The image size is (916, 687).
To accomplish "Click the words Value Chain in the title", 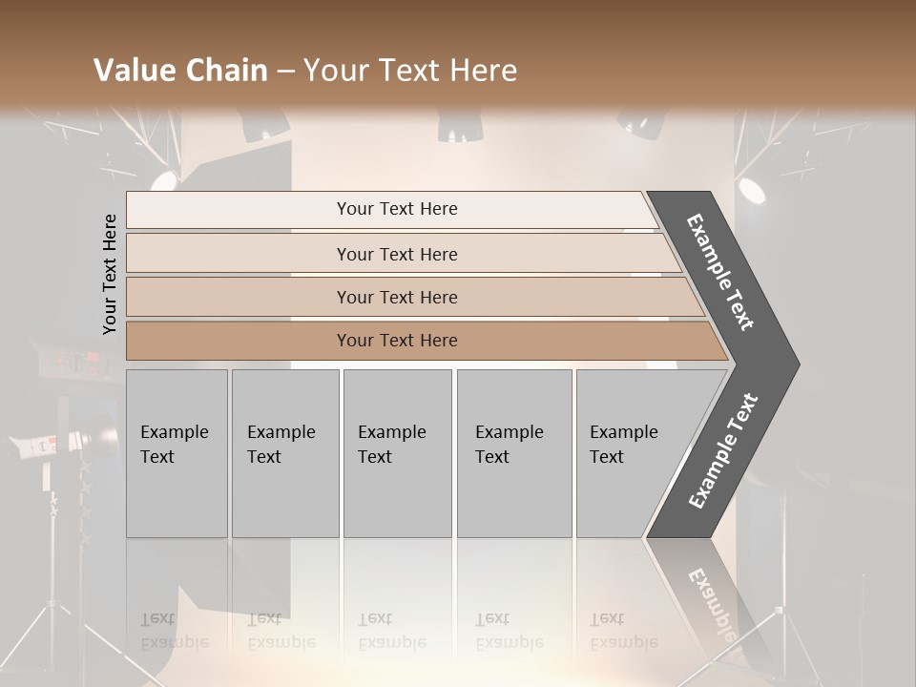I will click(180, 71).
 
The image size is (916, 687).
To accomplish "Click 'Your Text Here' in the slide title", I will click(410, 71).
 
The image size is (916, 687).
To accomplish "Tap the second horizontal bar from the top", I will click(397, 254).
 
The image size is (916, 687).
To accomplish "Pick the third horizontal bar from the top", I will click(397, 297).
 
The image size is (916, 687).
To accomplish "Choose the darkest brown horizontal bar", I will click(397, 341).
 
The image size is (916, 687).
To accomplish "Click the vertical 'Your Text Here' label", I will click(110, 275).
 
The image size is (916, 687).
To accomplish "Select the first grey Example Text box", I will click(177, 453).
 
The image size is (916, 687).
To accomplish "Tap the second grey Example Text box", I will click(284, 453).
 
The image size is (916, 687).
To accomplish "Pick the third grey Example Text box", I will click(397, 453).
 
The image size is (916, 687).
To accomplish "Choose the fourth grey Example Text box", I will click(513, 453).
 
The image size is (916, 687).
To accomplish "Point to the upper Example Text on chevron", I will click(720, 272).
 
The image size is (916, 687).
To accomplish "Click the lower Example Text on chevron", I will click(722, 451).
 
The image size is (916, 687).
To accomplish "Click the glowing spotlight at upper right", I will click(751, 190).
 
